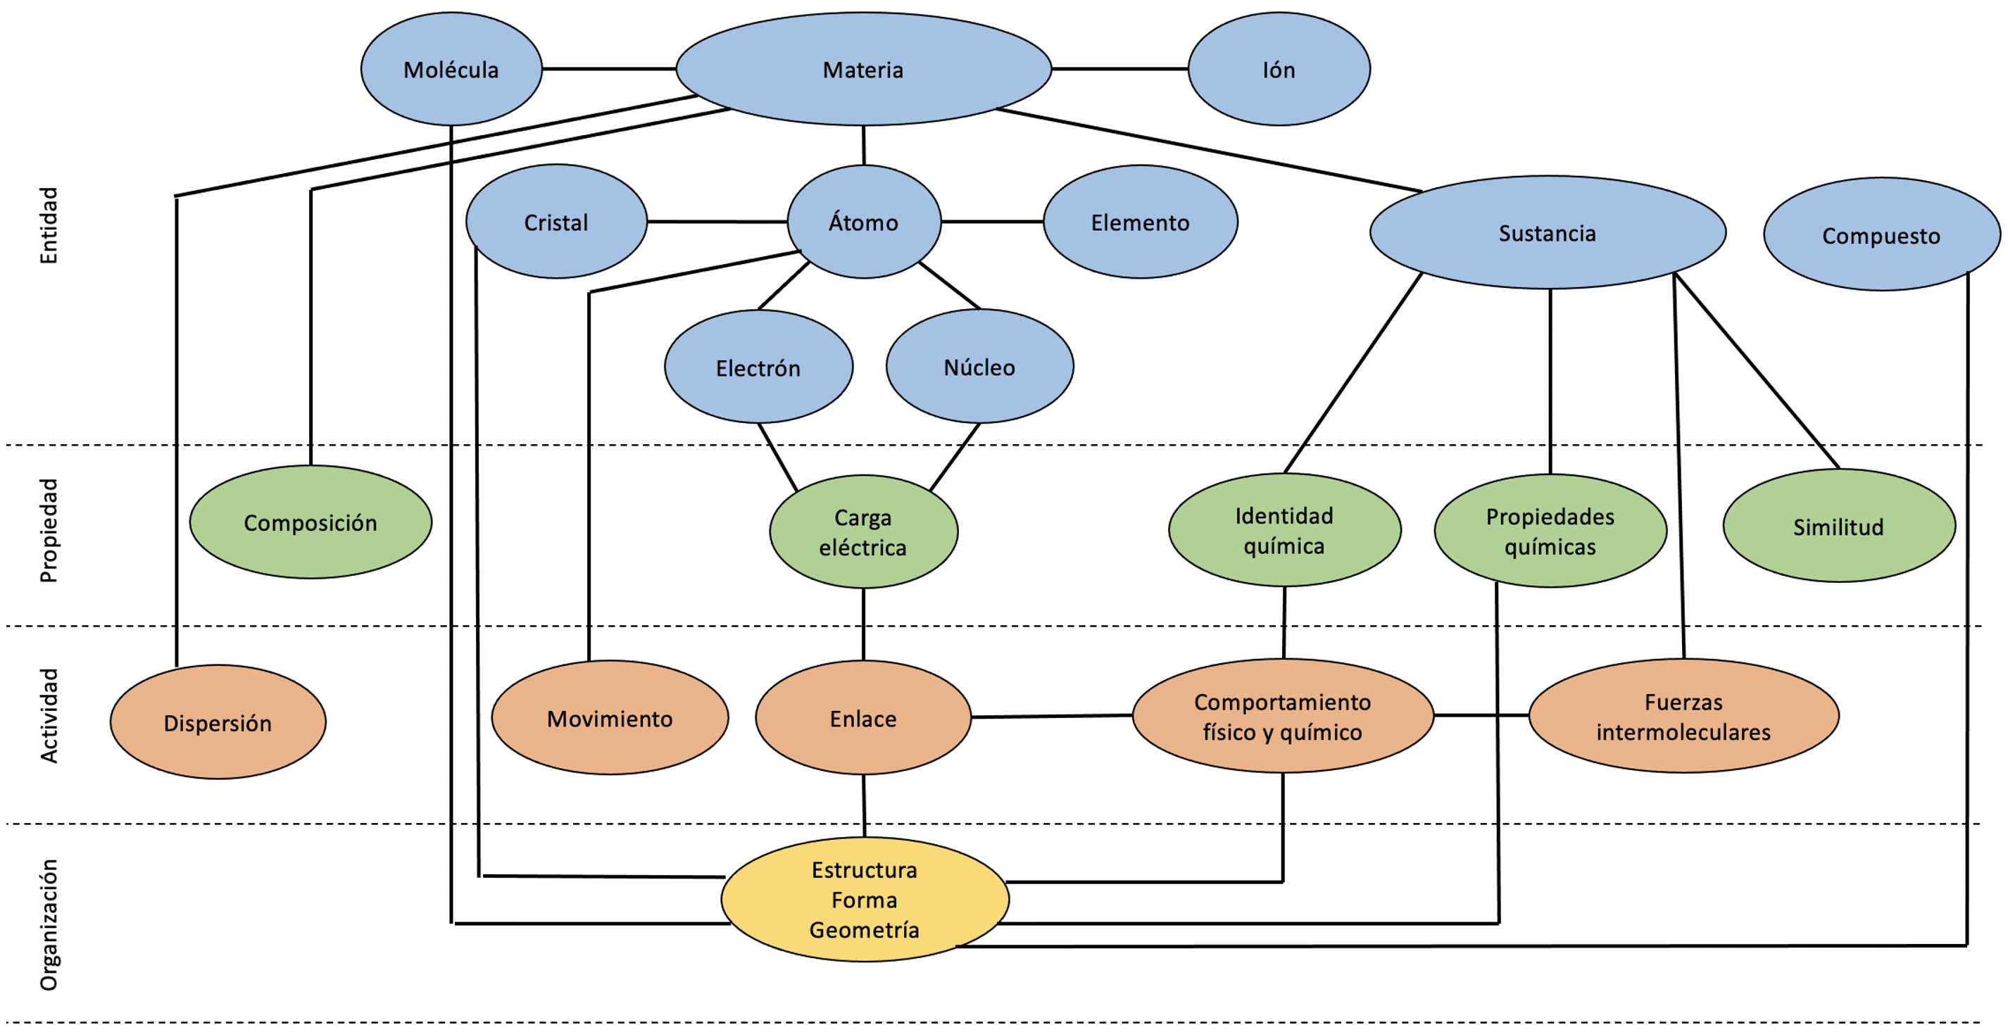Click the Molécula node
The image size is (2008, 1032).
[x=451, y=70]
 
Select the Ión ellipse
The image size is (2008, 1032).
[x=1279, y=70]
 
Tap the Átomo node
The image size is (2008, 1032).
[x=863, y=222]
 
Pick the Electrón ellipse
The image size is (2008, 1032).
[x=758, y=367]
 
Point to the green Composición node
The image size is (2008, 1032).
[x=310, y=522]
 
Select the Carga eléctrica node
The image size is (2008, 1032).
[x=863, y=531]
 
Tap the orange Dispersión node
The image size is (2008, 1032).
[x=218, y=722]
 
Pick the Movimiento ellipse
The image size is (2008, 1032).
[x=610, y=718]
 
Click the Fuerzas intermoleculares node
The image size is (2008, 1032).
[x=1683, y=717]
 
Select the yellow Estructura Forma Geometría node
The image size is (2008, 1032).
[x=865, y=900]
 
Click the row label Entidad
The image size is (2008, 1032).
[x=49, y=225]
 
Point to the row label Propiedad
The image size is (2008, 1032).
[x=49, y=530]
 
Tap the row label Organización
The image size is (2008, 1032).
[x=49, y=924]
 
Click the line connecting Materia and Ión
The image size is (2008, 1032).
[x=1119, y=68]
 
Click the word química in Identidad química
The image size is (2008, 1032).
[x=1284, y=546]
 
